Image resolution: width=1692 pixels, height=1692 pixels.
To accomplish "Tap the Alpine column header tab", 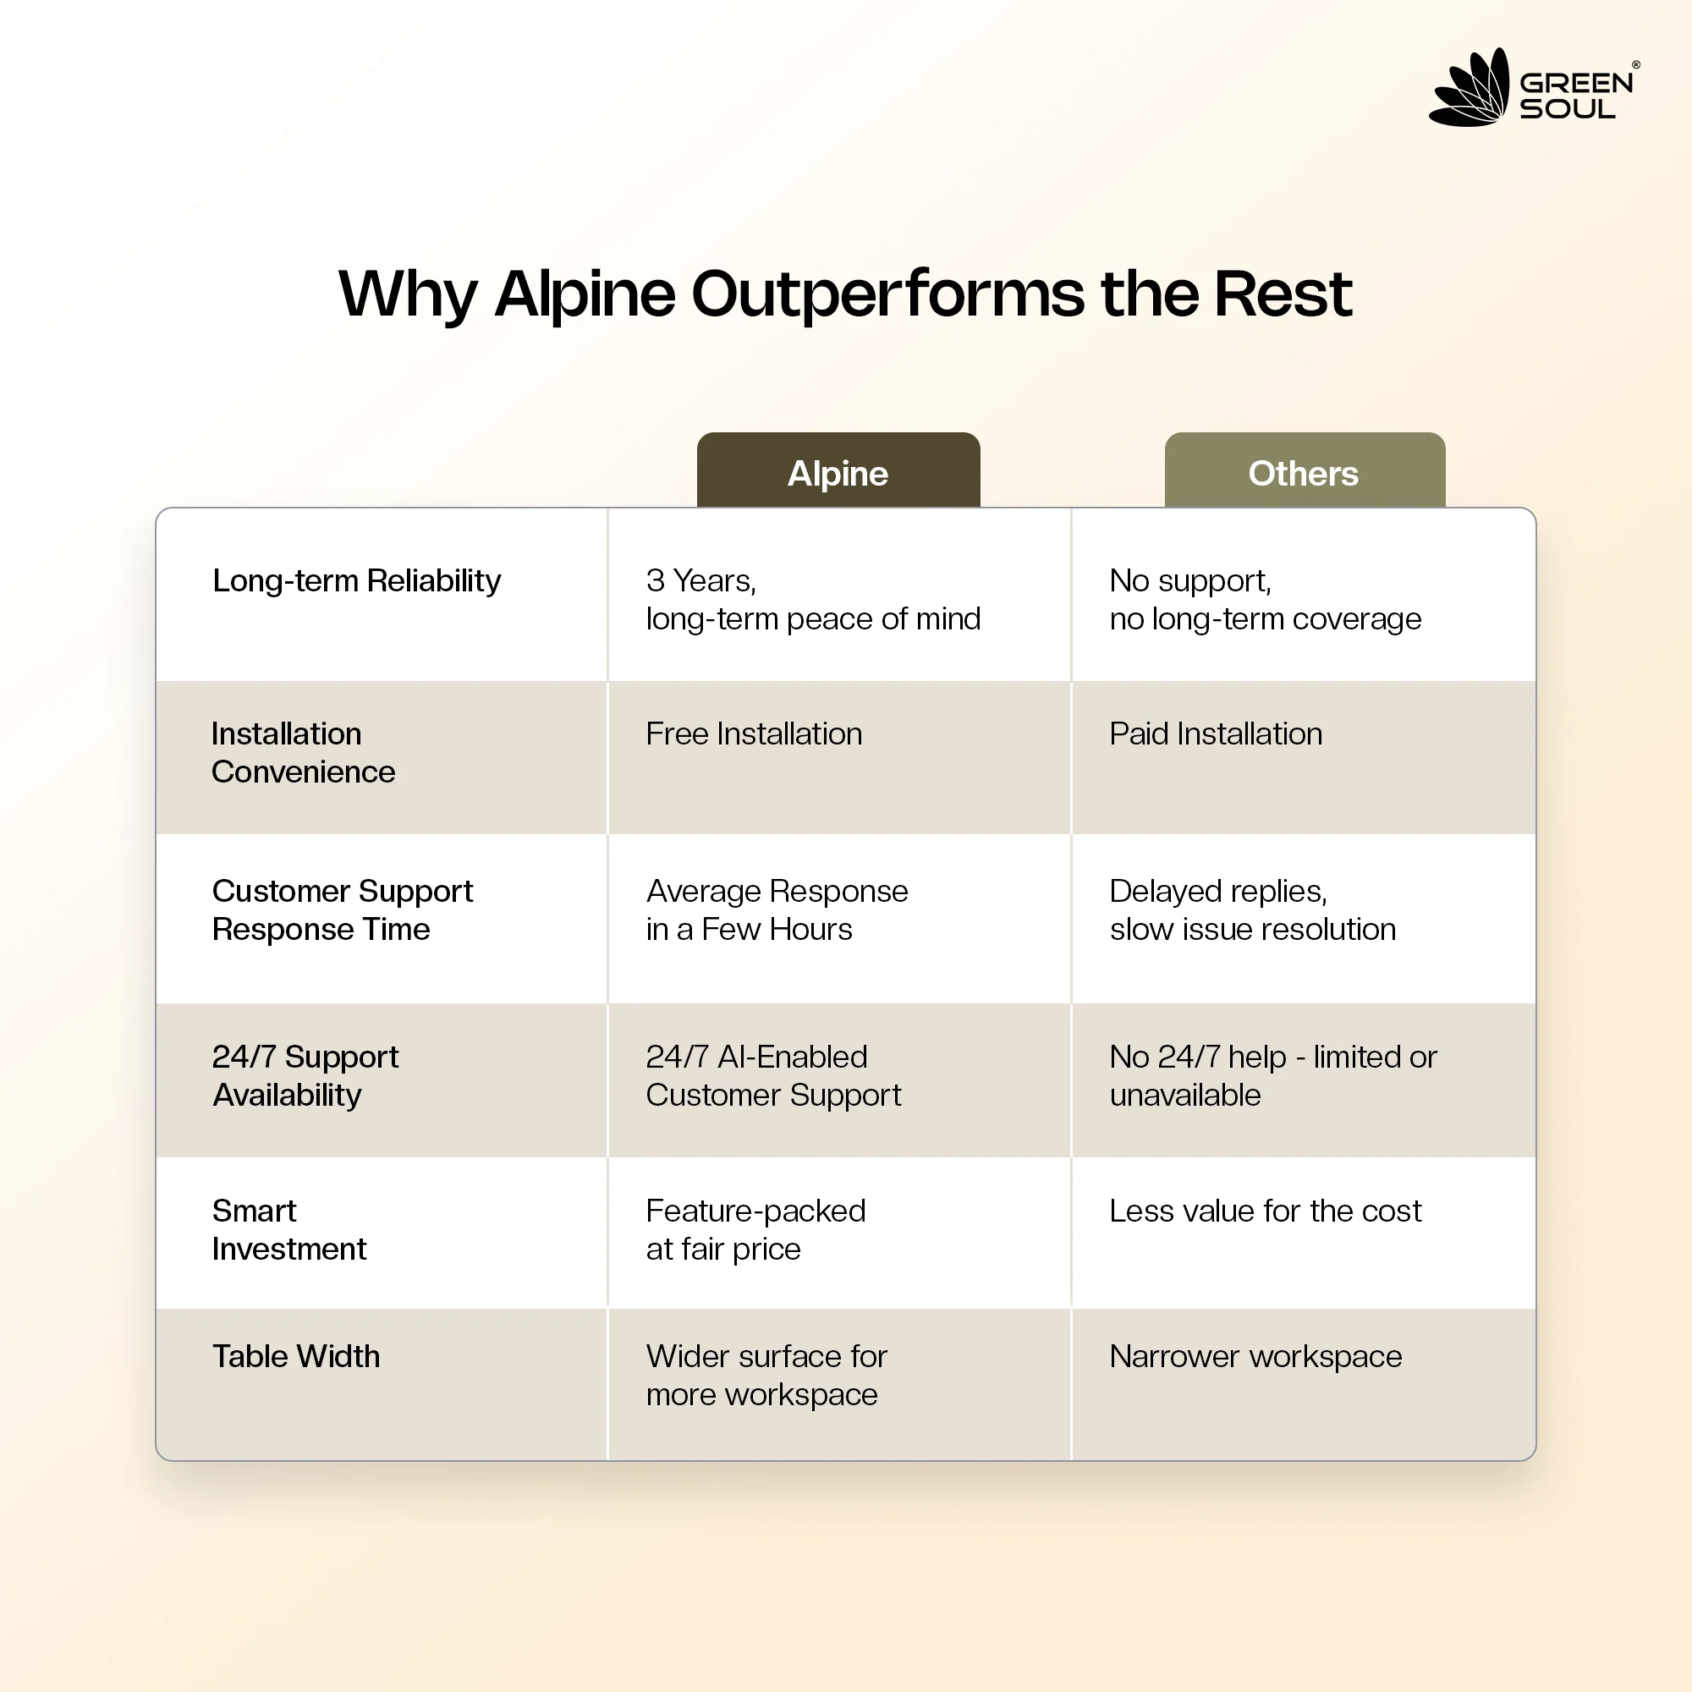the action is (x=838, y=470).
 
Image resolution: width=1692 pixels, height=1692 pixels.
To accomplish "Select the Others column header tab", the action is (x=1304, y=470).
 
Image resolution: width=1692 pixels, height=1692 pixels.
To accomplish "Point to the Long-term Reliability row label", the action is (x=356, y=580).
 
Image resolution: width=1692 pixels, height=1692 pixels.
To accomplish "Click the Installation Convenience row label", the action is (x=303, y=752).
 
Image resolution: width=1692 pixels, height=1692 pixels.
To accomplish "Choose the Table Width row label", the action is (x=296, y=1357).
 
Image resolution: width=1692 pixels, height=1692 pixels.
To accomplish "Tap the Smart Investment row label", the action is (x=289, y=1229).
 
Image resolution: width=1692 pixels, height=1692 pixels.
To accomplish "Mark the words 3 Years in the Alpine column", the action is (x=701, y=580).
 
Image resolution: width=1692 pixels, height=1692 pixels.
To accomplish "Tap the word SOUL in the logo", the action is (x=1568, y=109).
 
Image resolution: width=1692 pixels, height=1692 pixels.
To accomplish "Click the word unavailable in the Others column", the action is (x=1185, y=1096).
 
